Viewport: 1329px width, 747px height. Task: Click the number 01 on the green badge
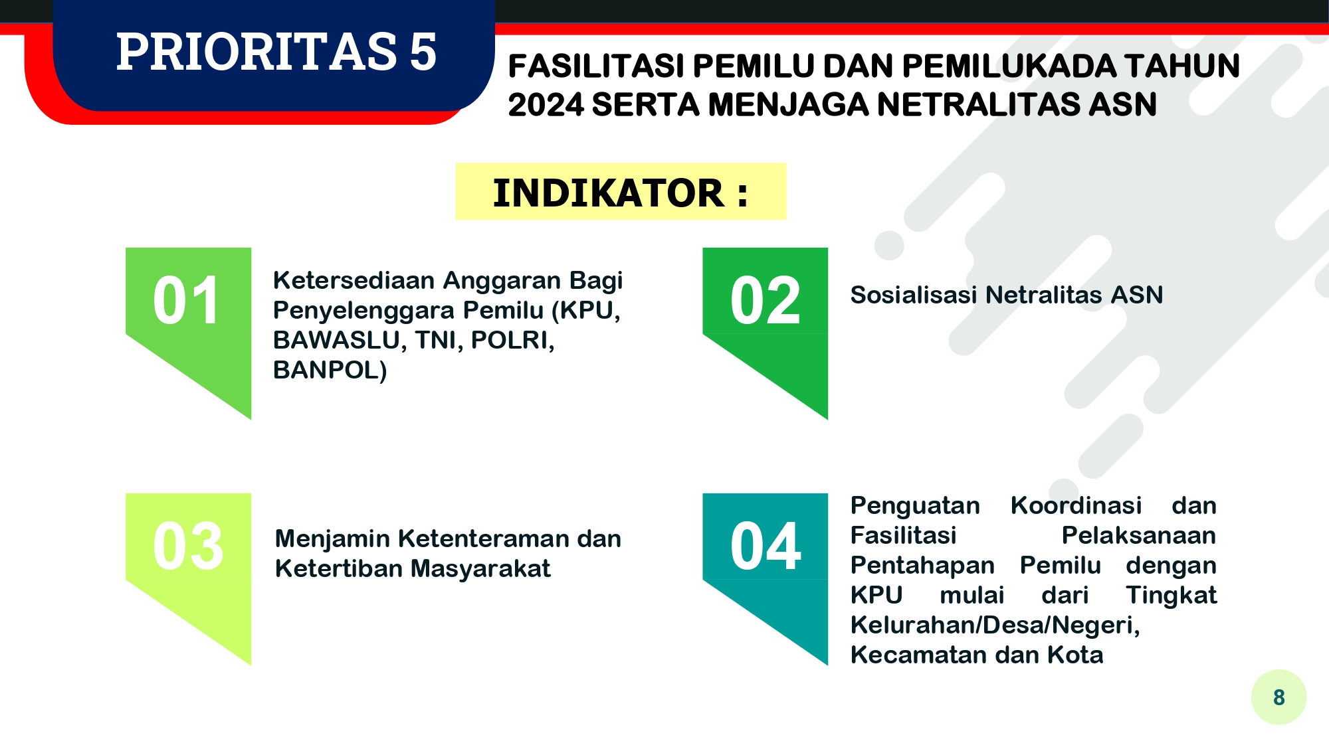(186, 301)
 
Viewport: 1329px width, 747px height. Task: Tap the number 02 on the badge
(765, 301)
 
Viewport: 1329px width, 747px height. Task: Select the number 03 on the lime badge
(188, 546)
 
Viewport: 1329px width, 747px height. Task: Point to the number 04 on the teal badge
(766, 546)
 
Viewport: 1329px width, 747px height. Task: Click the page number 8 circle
(1278, 697)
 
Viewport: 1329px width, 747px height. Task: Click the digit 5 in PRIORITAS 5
(423, 52)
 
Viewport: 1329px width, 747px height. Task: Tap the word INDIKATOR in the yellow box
(608, 193)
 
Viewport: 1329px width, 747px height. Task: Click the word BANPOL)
(330, 370)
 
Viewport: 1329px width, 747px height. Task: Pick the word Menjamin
(332, 539)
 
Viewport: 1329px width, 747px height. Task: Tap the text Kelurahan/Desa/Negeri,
(995, 625)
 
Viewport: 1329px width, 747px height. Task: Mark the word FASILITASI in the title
(596, 66)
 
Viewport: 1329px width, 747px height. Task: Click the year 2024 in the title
(545, 105)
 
